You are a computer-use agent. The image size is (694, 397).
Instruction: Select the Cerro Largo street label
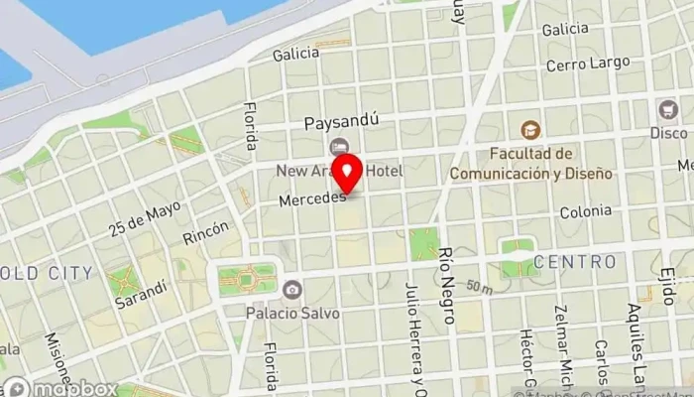coord(587,63)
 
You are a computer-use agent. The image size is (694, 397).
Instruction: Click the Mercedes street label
coord(311,200)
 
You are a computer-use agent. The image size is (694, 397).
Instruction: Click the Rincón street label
coord(205,233)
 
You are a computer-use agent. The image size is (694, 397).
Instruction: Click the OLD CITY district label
coord(47,273)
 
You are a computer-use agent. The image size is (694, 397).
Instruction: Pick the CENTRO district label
coord(575,262)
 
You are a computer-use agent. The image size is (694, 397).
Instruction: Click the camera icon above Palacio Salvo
coord(292,290)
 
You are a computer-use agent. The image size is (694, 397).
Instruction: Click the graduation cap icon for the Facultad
coord(531,130)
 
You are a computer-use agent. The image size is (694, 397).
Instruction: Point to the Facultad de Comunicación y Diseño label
coord(525,163)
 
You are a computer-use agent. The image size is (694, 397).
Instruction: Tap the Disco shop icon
coord(666,109)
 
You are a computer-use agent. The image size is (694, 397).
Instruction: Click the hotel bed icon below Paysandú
coord(341,148)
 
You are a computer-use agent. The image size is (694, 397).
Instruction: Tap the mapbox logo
coord(59,388)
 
